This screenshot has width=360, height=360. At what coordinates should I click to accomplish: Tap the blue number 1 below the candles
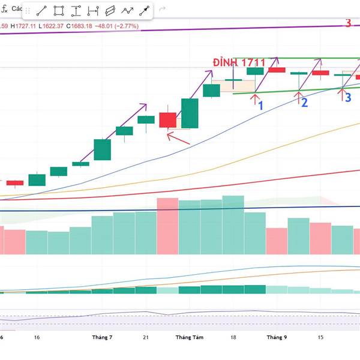(260, 106)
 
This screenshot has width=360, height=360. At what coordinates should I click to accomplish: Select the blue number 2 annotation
(304, 103)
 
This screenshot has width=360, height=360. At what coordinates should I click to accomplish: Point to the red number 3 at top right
(348, 23)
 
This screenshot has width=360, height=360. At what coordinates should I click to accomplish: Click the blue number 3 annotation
(347, 97)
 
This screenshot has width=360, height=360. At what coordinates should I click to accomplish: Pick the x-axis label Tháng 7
(102, 337)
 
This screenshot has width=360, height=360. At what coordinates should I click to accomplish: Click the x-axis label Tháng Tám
(190, 337)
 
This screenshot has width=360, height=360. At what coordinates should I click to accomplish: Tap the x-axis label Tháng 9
(277, 337)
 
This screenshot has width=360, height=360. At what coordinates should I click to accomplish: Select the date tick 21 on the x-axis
(146, 337)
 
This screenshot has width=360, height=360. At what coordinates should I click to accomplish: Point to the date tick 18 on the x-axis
(233, 337)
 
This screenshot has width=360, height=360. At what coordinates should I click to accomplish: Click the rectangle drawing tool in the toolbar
(59, 10)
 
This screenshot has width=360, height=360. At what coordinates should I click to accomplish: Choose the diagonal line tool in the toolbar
(41, 10)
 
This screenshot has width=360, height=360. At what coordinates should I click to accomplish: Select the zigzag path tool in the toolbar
(127, 10)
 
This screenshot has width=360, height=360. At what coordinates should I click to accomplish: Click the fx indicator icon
(5, 9)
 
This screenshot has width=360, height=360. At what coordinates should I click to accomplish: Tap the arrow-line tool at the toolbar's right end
(145, 10)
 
